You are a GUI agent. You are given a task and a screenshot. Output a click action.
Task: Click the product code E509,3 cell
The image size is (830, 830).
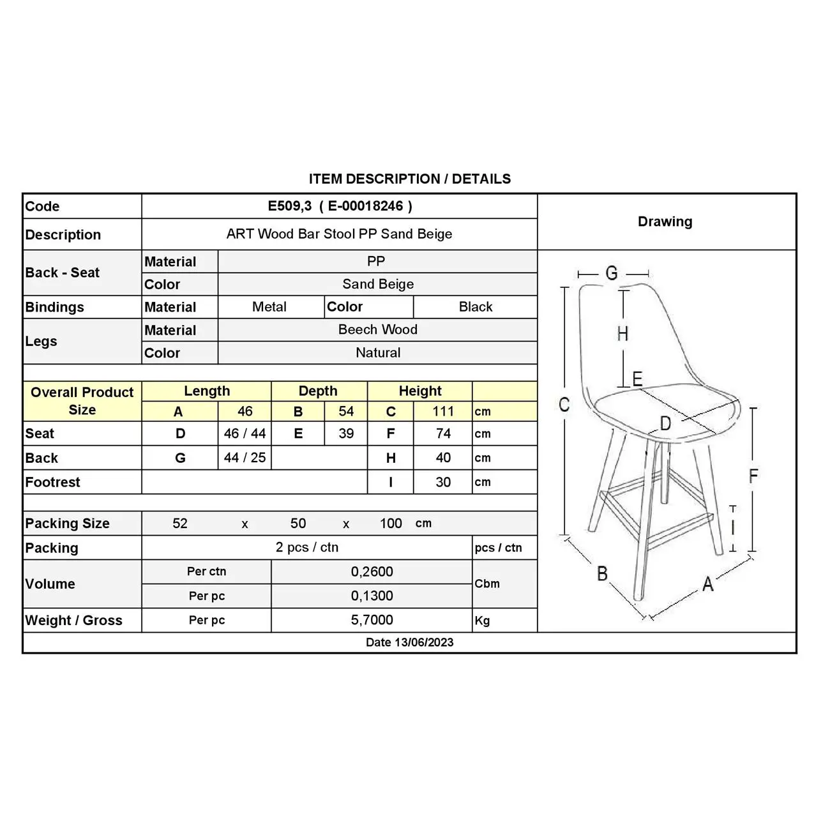pyautogui.click(x=340, y=206)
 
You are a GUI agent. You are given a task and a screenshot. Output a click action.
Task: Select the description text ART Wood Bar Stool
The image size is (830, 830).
pyautogui.click(x=339, y=234)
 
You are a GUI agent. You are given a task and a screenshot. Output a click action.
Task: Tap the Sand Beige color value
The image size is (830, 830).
pyautogui.click(x=378, y=284)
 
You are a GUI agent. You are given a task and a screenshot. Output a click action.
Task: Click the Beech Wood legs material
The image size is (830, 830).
pyautogui.click(x=378, y=329)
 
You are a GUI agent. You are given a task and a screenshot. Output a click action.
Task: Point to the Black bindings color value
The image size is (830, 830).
pyautogui.click(x=476, y=307)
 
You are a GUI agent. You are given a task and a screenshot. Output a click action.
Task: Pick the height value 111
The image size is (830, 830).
pyautogui.click(x=443, y=412)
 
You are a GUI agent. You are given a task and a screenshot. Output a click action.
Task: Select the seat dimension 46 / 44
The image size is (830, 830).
pyautogui.click(x=245, y=434)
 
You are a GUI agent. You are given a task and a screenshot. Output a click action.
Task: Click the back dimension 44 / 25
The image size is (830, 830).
pyautogui.click(x=245, y=458)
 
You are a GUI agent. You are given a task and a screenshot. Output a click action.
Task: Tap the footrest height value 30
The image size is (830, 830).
pyautogui.click(x=443, y=482)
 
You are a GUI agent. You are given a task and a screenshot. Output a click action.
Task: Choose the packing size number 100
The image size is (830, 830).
pyautogui.click(x=391, y=524)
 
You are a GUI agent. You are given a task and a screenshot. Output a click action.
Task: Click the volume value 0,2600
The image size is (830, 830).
pyautogui.click(x=372, y=572)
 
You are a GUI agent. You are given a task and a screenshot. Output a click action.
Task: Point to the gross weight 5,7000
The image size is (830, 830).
pyautogui.click(x=372, y=620)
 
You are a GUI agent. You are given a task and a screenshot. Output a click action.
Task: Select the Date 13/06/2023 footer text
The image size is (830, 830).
pyautogui.click(x=409, y=642)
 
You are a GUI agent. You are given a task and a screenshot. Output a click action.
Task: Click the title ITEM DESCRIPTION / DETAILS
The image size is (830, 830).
pyautogui.click(x=410, y=179)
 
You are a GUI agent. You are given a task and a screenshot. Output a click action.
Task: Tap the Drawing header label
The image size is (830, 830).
pyautogui.click(x=665, y=222)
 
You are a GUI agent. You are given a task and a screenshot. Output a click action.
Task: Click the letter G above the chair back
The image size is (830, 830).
pyautogui.click(x=612, y=273)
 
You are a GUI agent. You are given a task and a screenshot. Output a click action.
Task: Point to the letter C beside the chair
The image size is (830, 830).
pyautogui.click(x=564, y=405)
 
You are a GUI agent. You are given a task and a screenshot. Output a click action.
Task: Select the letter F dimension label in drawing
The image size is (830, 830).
pyautogui.click(x=753, y=476)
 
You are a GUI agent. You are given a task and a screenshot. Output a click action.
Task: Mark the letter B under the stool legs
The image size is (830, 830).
pyautogui.click(x=602, y=574)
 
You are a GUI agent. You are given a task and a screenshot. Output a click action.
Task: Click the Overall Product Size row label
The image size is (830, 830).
pyautogui.click(x=82, y=401)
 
